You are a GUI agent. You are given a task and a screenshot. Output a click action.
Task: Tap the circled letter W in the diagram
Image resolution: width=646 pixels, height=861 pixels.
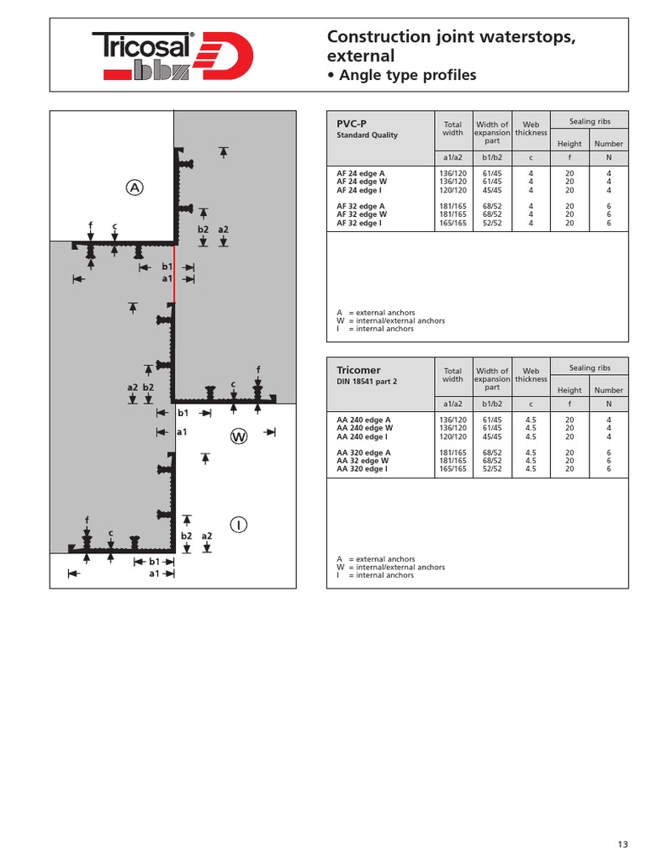coord(240,436)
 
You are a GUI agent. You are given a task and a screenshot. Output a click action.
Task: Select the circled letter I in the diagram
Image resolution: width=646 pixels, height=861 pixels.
coord(240,525)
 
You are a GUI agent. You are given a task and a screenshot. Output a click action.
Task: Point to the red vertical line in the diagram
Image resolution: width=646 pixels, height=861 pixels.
coord(174,273)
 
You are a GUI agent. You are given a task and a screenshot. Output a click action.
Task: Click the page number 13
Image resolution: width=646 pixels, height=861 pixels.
coord(622,844)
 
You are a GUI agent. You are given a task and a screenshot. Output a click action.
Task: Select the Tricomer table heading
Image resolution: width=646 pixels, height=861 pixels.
coord(358,370)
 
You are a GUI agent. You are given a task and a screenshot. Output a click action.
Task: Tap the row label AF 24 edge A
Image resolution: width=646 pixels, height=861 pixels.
coord(361,172)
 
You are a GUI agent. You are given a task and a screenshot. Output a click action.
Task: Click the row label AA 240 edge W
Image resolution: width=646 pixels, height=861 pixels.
coord(363,428)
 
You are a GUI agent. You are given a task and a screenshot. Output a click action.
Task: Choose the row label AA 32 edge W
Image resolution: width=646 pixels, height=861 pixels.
coord(362,461)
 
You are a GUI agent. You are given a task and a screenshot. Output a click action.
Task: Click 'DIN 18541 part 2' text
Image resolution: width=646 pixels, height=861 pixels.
coord(367,382)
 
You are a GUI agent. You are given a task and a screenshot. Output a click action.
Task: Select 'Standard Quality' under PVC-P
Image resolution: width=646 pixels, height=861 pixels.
coord(367,135)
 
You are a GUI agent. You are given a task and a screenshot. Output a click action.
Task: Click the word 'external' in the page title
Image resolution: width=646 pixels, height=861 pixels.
coord(360,56)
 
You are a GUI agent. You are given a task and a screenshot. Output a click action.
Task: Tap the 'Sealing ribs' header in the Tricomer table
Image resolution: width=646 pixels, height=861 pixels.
coord(590,368)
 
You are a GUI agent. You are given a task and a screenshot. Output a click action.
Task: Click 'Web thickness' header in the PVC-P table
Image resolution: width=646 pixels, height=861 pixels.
coord(531,129)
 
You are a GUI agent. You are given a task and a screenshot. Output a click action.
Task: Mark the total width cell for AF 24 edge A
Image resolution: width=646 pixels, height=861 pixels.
coord(453,172)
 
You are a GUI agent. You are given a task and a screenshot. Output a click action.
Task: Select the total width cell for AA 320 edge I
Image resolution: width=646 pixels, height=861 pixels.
coord(453,469)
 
